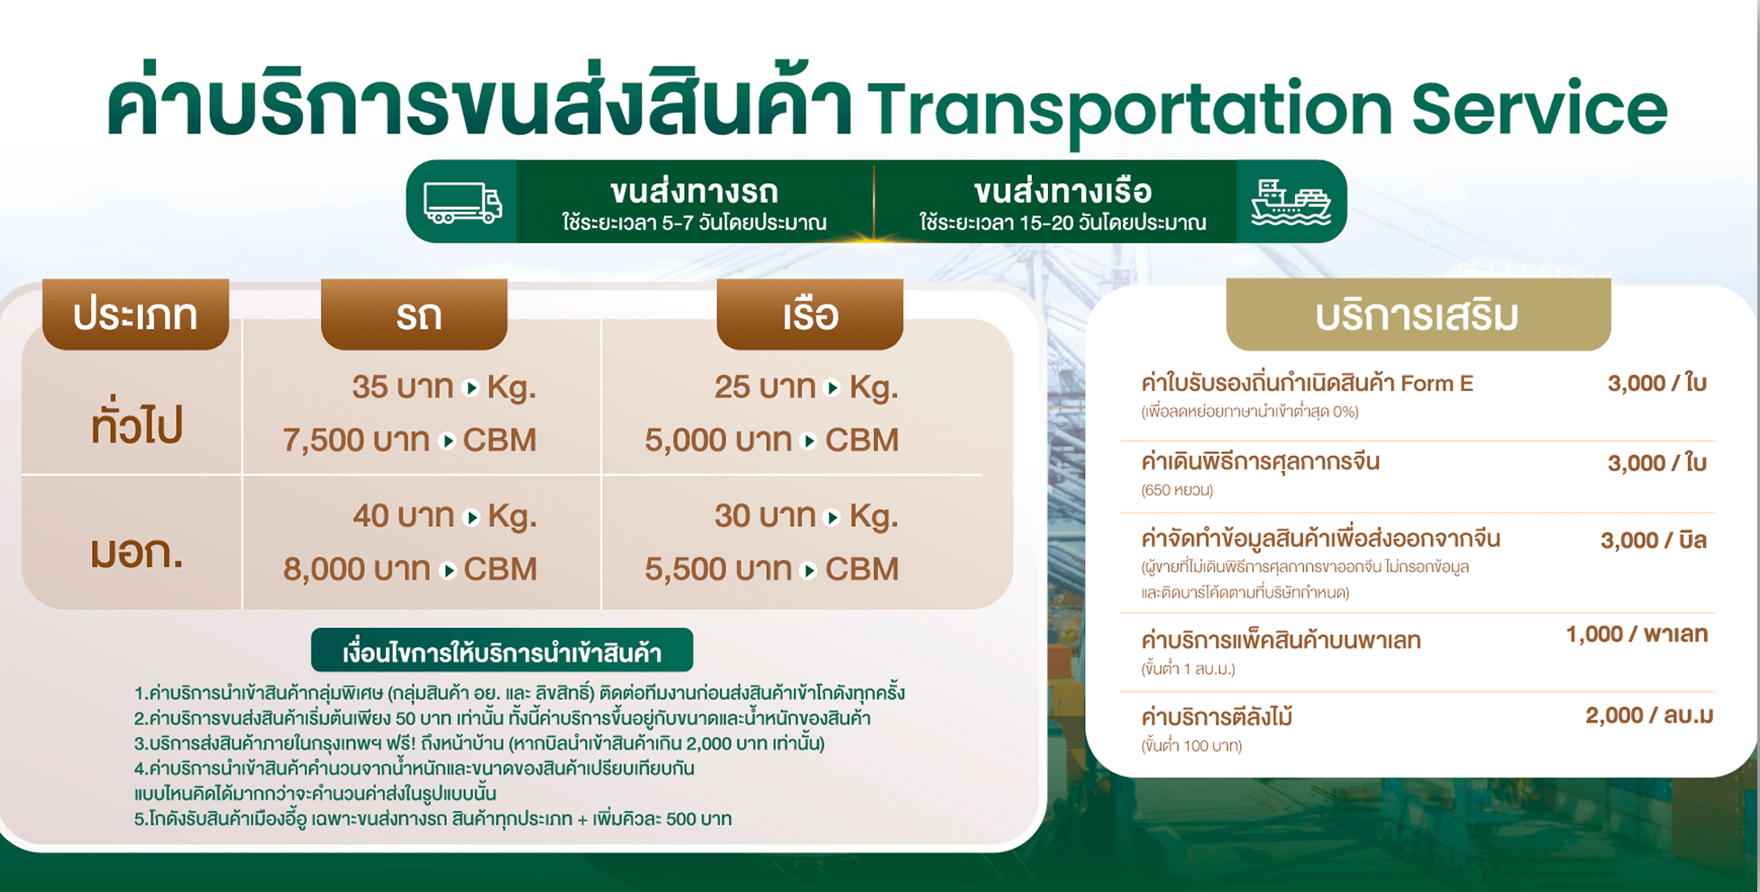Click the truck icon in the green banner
[462, 203]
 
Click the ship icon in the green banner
[1290, 202]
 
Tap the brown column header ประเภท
[135, 314]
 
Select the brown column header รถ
[415, 314]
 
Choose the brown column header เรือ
[810, 314]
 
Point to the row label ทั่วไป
[136, 423]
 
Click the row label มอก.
[137, 551]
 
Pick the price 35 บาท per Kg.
[444, 387]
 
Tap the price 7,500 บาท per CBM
[410, 440]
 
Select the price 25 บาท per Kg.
[807, 387]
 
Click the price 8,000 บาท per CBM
[410, 569]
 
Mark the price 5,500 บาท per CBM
[771, 569]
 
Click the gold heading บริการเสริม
[1418, 315]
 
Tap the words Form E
[1436, 384]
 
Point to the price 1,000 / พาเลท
[1637, 634]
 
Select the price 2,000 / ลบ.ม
[1649, 716]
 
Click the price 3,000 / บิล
[1654, 541]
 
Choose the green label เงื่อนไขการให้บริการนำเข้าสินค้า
[502, 651]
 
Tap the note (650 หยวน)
[1177, 491]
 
